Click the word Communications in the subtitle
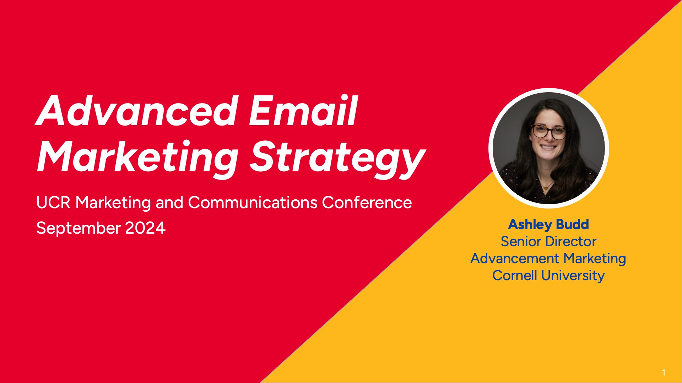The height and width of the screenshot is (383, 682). pos(253,202)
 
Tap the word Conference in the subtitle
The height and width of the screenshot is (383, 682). pos(367,202)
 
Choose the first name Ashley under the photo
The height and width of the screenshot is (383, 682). pos(530,224)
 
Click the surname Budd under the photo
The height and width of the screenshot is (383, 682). pos(572,224)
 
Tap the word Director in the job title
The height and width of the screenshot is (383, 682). pos(570,242)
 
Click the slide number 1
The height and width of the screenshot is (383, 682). pos(664,372)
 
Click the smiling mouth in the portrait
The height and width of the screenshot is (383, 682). pos(548,147)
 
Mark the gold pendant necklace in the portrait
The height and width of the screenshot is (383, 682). pos(546,187)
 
